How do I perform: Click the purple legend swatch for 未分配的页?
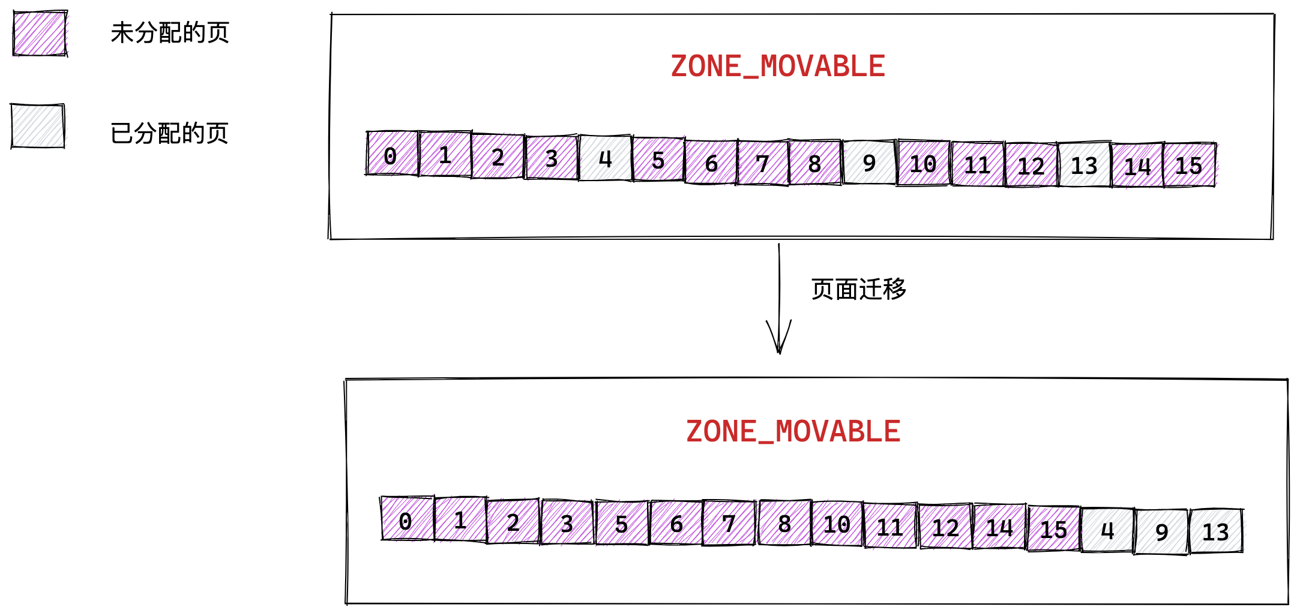pos(40,34)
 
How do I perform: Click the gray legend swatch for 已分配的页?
pos(38,126)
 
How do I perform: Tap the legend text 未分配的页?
pos(170,33)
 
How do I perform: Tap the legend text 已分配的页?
pos(170,133)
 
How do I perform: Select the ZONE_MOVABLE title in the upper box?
pos(778,67)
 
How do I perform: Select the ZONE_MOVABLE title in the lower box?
pos(793,432)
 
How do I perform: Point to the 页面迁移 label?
pos(859,289)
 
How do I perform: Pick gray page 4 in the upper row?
pos(605,158)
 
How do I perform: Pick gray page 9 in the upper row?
pos(869,162)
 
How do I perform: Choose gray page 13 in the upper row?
pos(1084,165)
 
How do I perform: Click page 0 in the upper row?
pos(392,154)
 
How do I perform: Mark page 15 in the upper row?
pos(1190,165)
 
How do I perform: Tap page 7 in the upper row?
pos(762,163)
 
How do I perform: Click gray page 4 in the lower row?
pos(1107,530)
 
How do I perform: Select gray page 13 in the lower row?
pos(1216,531)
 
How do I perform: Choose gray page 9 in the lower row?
pos(1161,531)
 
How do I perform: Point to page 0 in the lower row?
pos(407,519)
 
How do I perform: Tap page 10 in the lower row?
pos(837,524)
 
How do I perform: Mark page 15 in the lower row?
pos(1053,528)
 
